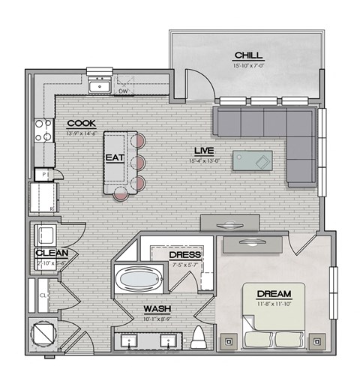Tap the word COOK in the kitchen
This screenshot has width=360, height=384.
point(80,123)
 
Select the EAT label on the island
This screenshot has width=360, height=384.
point(115,158)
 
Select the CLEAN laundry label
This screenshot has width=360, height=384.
point(52,253)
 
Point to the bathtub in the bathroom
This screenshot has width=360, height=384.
point(139,282)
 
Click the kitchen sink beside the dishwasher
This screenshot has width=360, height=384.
point(98,87)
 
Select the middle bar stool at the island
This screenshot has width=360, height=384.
point(138,162)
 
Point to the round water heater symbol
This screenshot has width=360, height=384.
point(42,336)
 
